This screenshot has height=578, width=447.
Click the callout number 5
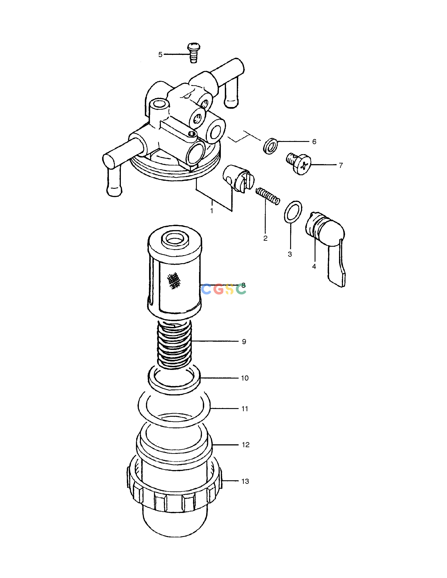tap(160, 55)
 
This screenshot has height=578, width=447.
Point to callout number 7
tap(341, 165)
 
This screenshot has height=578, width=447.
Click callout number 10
tap(245, 378)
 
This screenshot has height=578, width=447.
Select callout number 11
tap(245, 409)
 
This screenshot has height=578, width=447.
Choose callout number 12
tap(245, 445)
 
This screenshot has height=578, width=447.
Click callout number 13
tap(245, 481)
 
